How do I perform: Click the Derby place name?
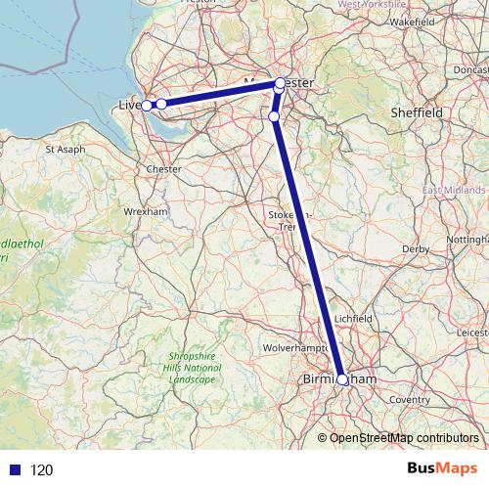416,248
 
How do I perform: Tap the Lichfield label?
352,319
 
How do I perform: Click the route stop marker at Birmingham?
342,380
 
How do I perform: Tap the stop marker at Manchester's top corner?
280,83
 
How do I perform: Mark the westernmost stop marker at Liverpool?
147,105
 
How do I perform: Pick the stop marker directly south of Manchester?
274,116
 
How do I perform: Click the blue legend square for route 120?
15,469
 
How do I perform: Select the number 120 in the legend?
42,469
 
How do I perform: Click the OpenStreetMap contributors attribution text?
403,437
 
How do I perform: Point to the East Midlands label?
455,190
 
